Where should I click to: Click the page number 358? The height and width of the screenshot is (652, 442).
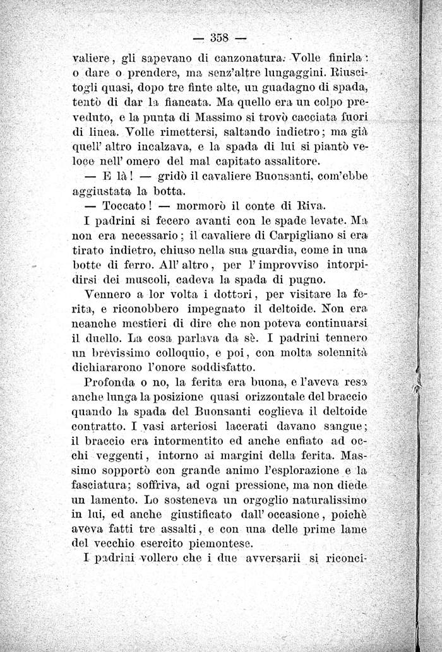tap(221, 35)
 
